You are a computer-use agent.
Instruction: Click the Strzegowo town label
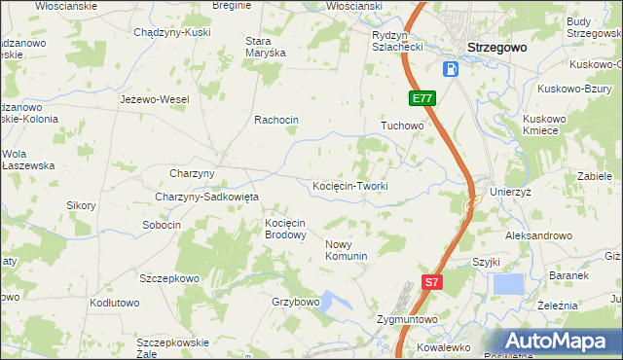point(496,47)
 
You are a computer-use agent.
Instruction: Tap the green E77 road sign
point(421,98)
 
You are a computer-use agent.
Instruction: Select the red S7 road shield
point(433,282)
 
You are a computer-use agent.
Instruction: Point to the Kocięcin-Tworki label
point(350,186)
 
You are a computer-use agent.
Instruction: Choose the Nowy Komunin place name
point(346,250)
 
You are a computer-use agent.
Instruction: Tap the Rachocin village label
point(275,120)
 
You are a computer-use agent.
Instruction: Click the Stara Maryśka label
point(265,47)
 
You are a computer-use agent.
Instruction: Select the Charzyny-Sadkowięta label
point(206,197)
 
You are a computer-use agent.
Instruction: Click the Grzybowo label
point(296,302)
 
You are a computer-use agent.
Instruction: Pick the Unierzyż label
point(510,193)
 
